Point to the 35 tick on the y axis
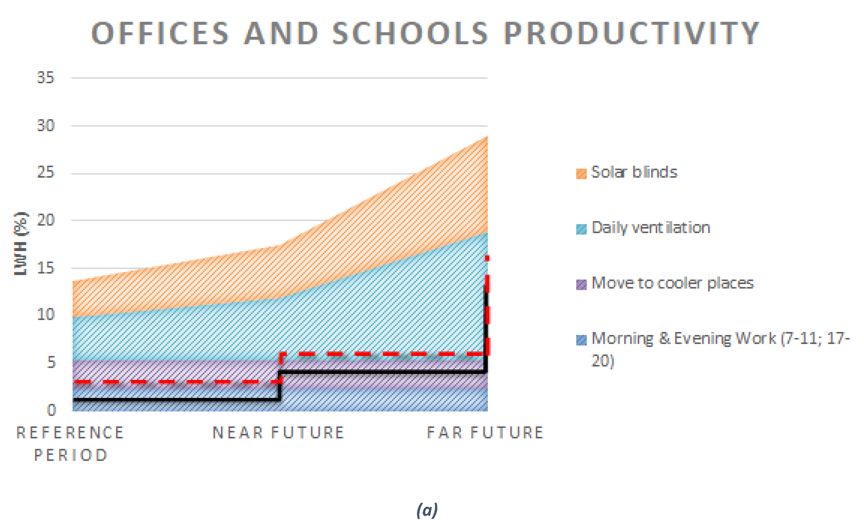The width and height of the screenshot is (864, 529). [45, 77]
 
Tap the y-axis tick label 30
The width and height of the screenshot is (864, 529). [45, 125]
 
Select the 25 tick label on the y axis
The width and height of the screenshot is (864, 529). [45, 172]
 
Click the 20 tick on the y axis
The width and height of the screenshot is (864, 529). [45, 220]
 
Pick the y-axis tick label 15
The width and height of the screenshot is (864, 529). [45, 268]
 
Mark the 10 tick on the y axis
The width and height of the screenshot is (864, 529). [45, 314]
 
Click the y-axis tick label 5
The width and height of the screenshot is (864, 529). [51, 362]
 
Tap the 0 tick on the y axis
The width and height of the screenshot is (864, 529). [51, 410]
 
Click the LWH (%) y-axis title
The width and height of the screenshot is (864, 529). [20, 244]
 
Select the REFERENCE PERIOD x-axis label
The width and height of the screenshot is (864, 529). [70, 444]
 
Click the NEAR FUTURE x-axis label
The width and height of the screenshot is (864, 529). [279, 433]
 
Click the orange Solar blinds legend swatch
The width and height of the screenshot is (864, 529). [581, 173]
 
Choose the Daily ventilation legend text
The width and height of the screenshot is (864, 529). [651, 228]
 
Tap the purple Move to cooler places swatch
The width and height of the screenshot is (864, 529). [581, 284]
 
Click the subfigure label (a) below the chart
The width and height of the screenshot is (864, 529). [427, 510]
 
